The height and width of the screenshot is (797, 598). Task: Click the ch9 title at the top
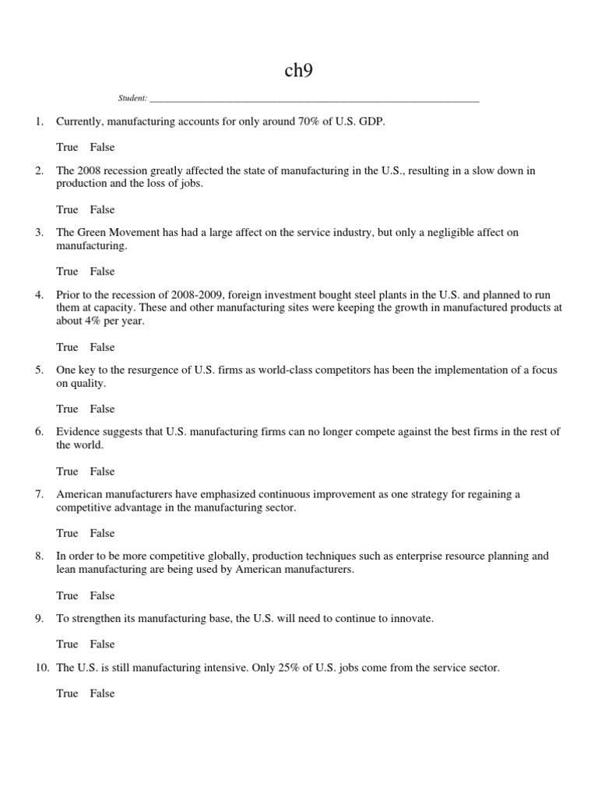pos(299,72)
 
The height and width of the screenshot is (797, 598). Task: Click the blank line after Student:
pos(314,100)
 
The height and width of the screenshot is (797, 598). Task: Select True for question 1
pos(67,147)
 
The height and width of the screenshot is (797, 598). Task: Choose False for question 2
pos(102,209)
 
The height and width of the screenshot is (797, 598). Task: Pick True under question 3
pos(67,272)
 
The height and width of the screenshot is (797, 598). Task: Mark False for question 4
pos(102,347)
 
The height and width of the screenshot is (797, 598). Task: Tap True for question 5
pos(67,409)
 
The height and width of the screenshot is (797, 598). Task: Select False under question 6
pos(102,471)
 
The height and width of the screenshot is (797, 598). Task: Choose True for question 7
pos(67,533)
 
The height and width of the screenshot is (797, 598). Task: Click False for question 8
pos(102,595)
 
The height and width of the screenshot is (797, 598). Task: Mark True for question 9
pos(67,644)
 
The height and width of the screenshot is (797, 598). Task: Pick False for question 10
pos(102,693)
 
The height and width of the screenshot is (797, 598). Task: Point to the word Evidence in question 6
pos(79,432)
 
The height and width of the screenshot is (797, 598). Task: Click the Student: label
pos(132,99)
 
